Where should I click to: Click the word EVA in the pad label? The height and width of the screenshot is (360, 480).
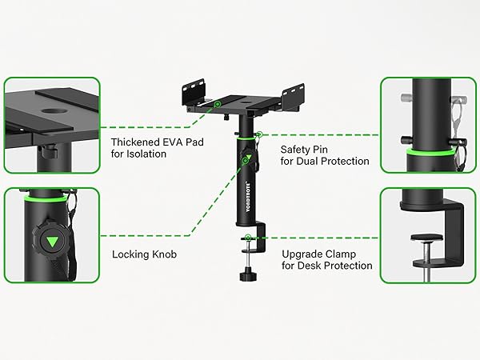point(172,142)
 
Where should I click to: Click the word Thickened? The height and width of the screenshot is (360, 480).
point(135,142)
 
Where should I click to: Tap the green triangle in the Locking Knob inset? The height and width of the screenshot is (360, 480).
point(51,242)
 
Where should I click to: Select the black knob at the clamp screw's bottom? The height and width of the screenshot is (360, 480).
point(248,274)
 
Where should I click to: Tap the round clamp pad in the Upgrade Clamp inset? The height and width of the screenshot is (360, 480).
point(426,238)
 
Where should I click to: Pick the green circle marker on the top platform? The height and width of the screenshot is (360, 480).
point(218,104)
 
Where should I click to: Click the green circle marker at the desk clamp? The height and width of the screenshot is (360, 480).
point(248,238)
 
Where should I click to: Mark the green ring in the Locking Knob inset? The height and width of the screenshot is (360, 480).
point(46,199)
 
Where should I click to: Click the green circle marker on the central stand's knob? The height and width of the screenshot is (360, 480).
point(246,160)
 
